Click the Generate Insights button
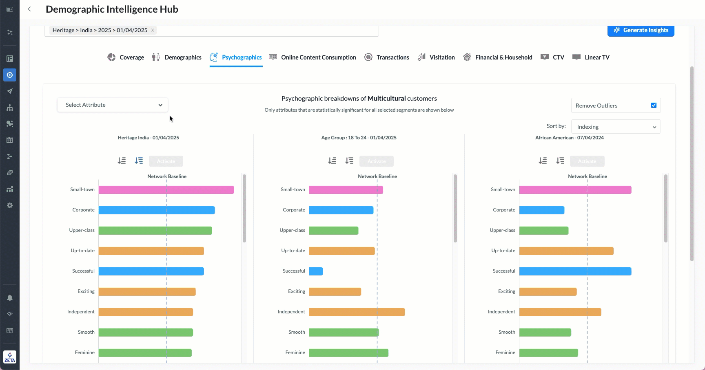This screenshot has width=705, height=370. click(x=641, y=31)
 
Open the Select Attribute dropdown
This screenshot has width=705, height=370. click(x=113, y=105)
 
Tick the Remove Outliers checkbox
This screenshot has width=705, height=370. click(x=654, y=106)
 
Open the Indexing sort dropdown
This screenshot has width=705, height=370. click(x=616, y=127)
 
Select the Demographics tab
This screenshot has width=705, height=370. click(x=177, y=57)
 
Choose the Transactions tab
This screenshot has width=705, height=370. click(x=387, y=57)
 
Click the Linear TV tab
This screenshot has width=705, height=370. click(x=591, y=57)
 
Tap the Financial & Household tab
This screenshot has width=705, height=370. click(x=498, y=57)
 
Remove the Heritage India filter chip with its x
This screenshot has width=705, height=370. click(x=153, y=30)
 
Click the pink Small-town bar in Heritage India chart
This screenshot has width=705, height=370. click(x=166, y=190)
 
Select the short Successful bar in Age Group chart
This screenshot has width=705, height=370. click(x=316, y=271)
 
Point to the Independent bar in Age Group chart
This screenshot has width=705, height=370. click(x=357, y=312)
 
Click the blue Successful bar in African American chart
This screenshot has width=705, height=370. click(x=575, y=271)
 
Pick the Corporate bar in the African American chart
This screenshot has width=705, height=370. click(x=541, y=210)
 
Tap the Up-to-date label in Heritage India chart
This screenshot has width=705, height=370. click(x=82, y=251)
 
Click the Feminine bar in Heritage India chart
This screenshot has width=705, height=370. click(x=145, y=353)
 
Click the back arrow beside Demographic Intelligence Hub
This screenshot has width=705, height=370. click(x=29, y=9)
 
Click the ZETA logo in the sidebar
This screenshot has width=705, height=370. click(x=10, y=357)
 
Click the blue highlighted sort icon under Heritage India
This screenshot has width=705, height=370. click(x=139, y=161)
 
